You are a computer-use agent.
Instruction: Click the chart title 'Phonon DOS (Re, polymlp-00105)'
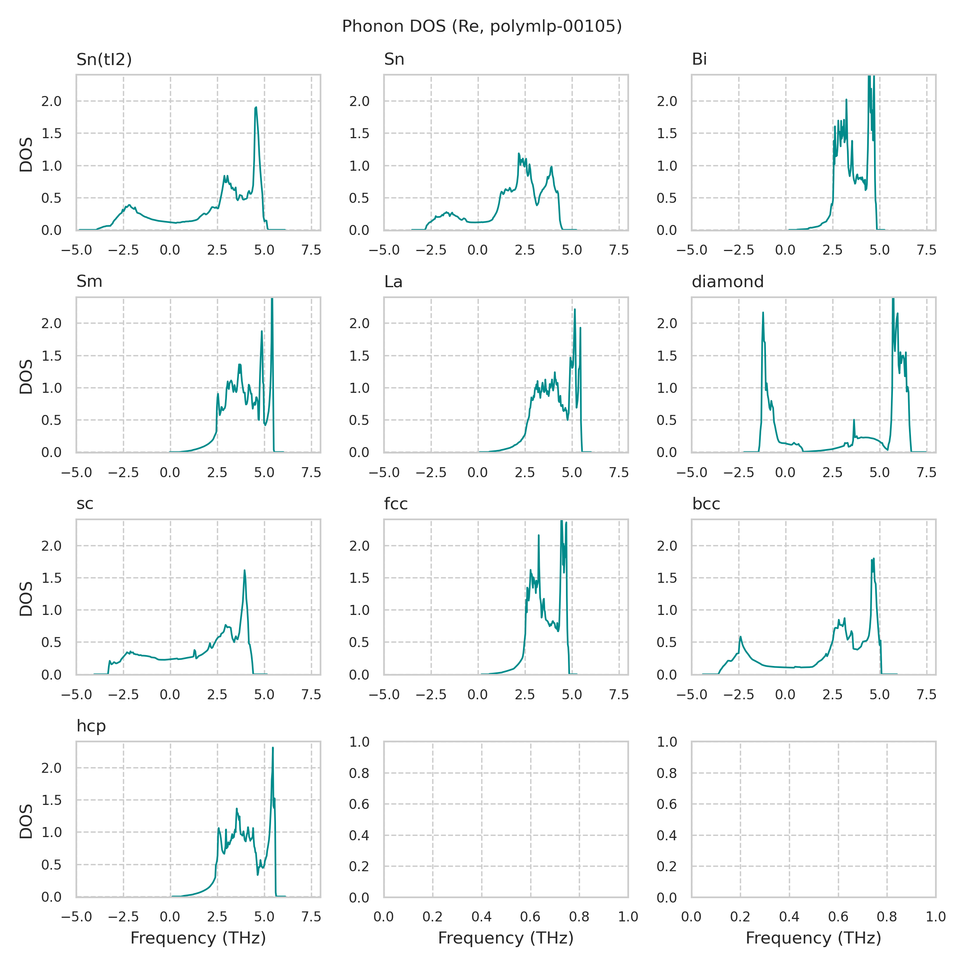pos(482,26)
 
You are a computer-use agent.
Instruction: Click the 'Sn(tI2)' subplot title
pos(104,59)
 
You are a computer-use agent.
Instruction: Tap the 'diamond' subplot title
pos(727,282)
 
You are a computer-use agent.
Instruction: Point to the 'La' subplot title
pos(393,282)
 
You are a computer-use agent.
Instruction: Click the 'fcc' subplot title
pos(396,504)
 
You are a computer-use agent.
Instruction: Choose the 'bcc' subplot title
pos(706,504)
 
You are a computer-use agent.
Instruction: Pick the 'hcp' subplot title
pos(91,726)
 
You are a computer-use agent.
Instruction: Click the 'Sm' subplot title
pos(89,282)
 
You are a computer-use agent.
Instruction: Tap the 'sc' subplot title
pos(85,504)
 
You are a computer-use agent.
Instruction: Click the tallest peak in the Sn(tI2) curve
pos(256,107)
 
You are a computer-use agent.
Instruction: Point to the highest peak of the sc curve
pos(245,570)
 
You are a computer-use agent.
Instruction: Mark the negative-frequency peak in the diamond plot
pos(763,313)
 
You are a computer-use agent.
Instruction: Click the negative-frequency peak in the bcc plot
pos(740,637)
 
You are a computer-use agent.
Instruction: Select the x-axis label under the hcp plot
pos(198,938)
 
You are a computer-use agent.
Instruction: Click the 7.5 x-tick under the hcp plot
pos(311,917)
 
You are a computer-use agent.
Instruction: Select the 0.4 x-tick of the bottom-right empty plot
pos(789,917)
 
